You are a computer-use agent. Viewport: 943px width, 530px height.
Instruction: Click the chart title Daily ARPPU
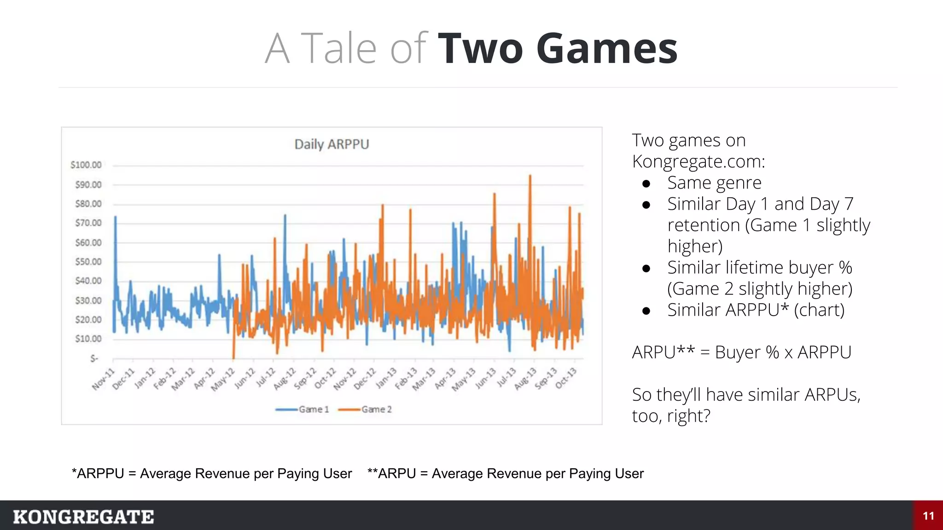tap(332, 144)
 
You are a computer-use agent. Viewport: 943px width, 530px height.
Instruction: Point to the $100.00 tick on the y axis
tap(86, 165)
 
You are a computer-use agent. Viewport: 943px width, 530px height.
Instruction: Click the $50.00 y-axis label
tap(88, 262)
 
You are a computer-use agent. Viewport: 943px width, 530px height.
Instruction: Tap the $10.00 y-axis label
tap(88, 339)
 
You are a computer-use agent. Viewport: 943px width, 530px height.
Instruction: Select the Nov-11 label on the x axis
tap(103, 380)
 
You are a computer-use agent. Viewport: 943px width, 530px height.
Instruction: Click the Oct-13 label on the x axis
tap(566, 379)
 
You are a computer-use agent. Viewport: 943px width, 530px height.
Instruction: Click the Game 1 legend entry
tap(303, 409)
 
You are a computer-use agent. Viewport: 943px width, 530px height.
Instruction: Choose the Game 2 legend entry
tap(365, 409)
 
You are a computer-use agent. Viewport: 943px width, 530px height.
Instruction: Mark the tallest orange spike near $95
tap(530, 176)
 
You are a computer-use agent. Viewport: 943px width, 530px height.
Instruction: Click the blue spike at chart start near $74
tap(115, 217)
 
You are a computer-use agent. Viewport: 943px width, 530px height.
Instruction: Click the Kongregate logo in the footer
tap(83, 517)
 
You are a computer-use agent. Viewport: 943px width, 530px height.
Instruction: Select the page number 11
tap(928, 516)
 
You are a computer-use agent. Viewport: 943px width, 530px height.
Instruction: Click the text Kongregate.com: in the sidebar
tap(698, 161)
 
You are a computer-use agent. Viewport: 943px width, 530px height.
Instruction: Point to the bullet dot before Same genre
tap(646, 184)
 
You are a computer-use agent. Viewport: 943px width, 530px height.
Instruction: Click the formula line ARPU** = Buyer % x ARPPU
tap(741, 352)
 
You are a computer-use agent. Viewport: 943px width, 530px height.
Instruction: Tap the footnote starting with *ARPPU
tap(212, 473)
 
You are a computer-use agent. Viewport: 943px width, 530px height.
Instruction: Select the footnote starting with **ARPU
tap(505, 473)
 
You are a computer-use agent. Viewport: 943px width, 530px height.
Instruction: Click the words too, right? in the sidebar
tap(671, 416)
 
